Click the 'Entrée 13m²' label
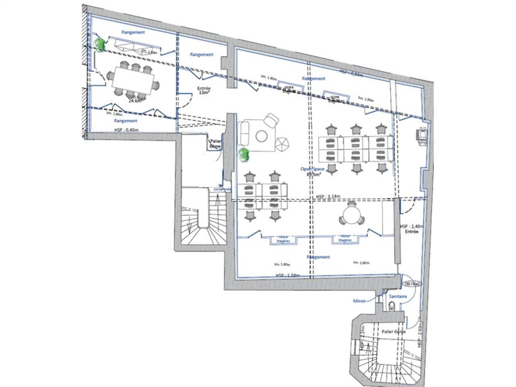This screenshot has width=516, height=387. coord(204,91)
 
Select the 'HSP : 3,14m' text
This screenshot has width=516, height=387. coord(328,196)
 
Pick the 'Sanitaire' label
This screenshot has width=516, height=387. coord(397,297)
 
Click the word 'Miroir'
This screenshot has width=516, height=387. coord(359,301)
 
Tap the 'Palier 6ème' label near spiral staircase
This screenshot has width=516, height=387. coord(393,332)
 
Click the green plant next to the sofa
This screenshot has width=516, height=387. coord(243,155)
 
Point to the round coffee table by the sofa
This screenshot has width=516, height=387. coord(262,136)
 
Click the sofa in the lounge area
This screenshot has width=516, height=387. coord(244,133)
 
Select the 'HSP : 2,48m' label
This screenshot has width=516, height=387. coord(409,226)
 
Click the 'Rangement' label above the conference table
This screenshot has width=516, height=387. coord(133,32)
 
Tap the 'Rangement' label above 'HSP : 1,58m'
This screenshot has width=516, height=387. coord(318,257)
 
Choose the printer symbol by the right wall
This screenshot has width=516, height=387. coord(422,134)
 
